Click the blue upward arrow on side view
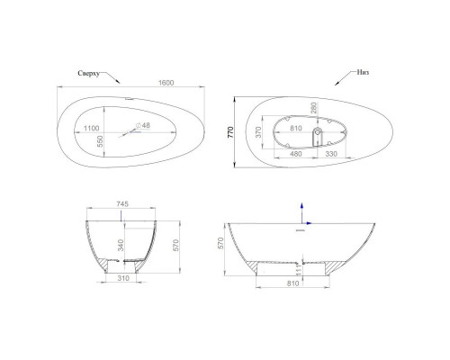pos(301,208)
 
